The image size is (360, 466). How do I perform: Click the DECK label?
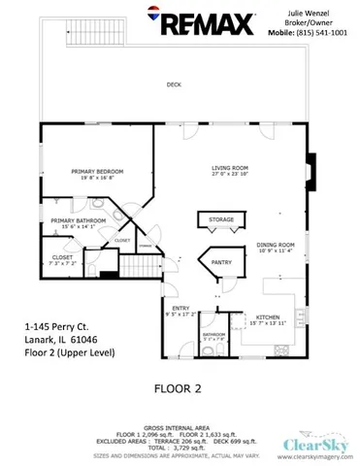174,84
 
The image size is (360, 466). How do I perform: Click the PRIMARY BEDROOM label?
94,171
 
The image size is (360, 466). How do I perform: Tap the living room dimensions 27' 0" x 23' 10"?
230,175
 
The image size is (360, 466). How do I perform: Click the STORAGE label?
221,220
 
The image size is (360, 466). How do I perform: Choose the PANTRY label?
222,262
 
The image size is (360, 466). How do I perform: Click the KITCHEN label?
268,316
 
